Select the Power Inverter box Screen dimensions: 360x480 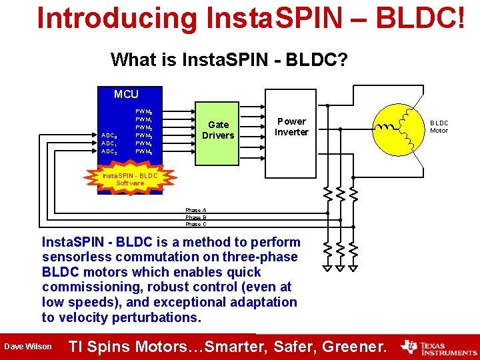tap(291, 127)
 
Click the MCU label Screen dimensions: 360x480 tap(126, 95)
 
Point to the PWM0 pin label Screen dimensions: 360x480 tap(144, 111)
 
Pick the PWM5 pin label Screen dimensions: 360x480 tap(144, 152)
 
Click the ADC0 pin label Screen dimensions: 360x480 tap(109, 135)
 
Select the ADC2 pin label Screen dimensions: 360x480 tap(109, 152)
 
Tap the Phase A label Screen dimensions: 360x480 tap(196, 210)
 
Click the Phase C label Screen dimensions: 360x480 tap(196, 224)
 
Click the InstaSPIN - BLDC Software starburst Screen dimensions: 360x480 tap(130, 179)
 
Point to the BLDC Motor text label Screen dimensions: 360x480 tap(439, 127)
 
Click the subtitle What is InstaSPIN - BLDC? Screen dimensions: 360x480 tap(229, 60)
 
